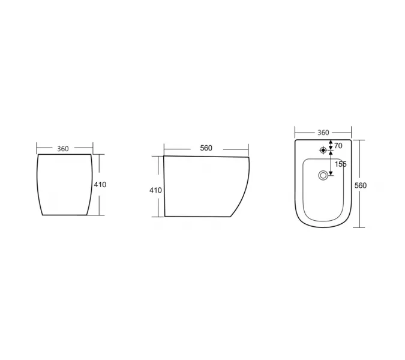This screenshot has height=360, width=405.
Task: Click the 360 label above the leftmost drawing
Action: click(63, 149)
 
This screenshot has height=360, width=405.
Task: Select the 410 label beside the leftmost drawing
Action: click(100, 185)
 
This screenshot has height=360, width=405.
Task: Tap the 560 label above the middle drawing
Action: click(206, 148)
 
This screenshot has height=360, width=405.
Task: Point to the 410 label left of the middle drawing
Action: click(155, 190)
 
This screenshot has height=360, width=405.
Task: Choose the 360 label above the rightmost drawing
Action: click(323, 133)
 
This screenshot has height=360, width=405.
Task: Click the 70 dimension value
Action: click(338, 146)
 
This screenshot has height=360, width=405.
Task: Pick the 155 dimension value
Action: click(341, 164)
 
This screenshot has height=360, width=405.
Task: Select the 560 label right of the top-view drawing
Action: click(361, 185)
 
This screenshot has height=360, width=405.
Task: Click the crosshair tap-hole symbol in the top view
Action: click(323, 150)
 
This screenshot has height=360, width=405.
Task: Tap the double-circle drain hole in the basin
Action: click(323, 175)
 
